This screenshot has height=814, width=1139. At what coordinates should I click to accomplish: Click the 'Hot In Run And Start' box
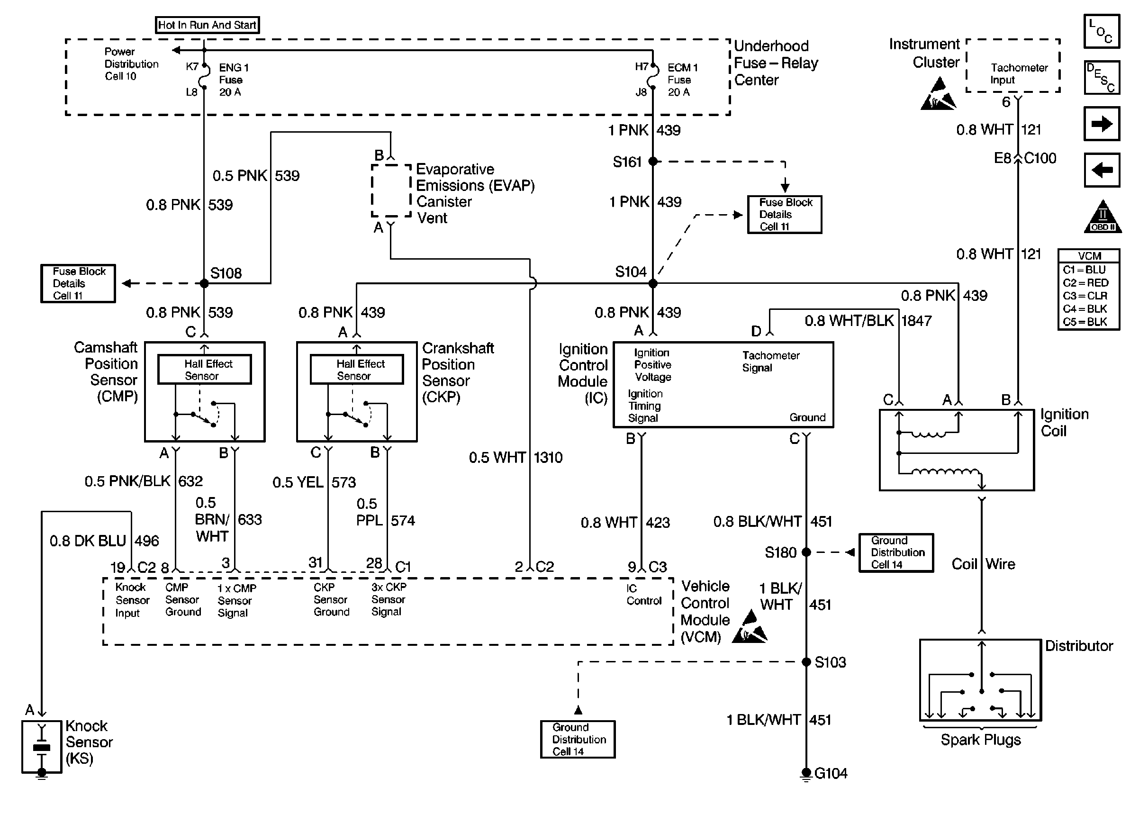(207, 25)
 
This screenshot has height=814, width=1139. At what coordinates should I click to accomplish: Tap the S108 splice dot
(204, 283)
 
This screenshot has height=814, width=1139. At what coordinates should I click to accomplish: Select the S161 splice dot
(652, 162)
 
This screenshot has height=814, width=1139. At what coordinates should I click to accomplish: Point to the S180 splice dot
(806, 552)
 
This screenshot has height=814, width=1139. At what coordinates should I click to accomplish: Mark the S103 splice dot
(806, 661)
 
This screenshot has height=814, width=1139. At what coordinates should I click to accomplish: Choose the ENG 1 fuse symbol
(204, 79)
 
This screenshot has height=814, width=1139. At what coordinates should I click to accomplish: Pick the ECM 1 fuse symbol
(652, 79)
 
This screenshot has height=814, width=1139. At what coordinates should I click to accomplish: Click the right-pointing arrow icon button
(1102, 123)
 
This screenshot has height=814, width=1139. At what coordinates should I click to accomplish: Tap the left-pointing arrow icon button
(1102, 170)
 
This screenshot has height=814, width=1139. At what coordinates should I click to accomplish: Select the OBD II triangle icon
(1103, 217)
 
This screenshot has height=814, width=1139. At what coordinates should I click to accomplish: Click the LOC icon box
(1102, 31)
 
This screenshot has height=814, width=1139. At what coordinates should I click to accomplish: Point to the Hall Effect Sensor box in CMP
(205, 370)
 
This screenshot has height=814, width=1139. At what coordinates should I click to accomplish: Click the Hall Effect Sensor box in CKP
(357, 370)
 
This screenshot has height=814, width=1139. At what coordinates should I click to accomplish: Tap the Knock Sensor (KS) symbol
(42, 747)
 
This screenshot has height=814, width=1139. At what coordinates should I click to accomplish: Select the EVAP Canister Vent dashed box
(391, 191)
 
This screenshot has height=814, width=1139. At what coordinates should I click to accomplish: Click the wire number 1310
(548, 457)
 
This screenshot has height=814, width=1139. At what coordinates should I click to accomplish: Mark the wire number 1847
(916, 320)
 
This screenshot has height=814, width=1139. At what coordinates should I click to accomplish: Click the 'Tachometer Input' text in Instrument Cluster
(1018, 74)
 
